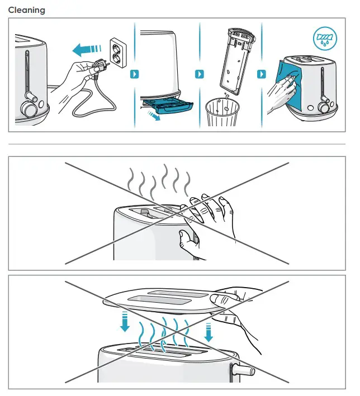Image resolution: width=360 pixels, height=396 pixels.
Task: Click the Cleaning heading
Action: (x=26, y=10)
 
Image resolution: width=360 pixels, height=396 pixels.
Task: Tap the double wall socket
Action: (x=118, y=53)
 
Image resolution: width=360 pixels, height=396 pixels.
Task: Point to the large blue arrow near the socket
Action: (x=86, y=49)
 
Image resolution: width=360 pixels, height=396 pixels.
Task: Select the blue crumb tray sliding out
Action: (x=167, y=106)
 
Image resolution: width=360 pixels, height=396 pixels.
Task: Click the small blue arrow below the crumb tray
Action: (x=154, y=116)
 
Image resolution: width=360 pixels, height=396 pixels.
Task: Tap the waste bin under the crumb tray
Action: (x=222, y=112)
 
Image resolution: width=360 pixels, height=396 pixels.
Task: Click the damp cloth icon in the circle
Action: (x=325, y=39)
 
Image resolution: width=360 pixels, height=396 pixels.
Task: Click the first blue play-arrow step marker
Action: (x=135, y=74)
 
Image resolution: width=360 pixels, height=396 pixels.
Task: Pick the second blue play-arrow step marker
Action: (x=200, y=74)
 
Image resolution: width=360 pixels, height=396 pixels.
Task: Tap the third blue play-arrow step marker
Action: (x=262, y=74)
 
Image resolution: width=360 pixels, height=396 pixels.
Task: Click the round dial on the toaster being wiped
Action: (x=324, y=108)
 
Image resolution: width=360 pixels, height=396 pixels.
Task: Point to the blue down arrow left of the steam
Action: (x=125, y=322)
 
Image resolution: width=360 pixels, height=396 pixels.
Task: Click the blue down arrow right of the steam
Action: (x=209, y=332)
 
